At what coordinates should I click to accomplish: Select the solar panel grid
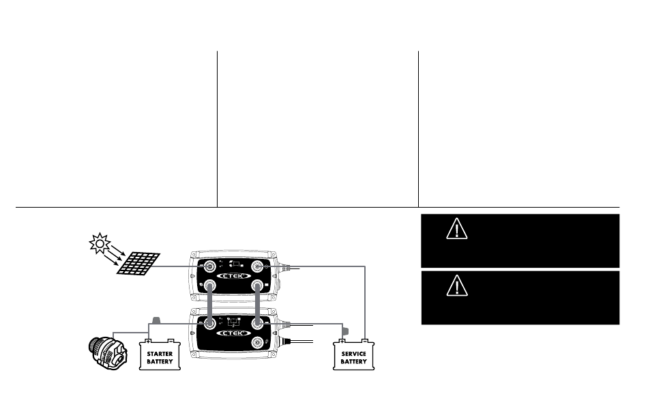(x=139, y=264)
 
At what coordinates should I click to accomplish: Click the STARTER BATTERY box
(x=160, y=355)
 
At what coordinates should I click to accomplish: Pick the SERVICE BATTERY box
(x=353, y=355)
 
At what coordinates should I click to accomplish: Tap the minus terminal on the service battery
(x=364, y=339)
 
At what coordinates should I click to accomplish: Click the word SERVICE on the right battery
(x=353, y=353)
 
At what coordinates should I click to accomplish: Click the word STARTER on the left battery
(x=160, y=353)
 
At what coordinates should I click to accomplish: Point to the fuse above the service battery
(x=345, y=331)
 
